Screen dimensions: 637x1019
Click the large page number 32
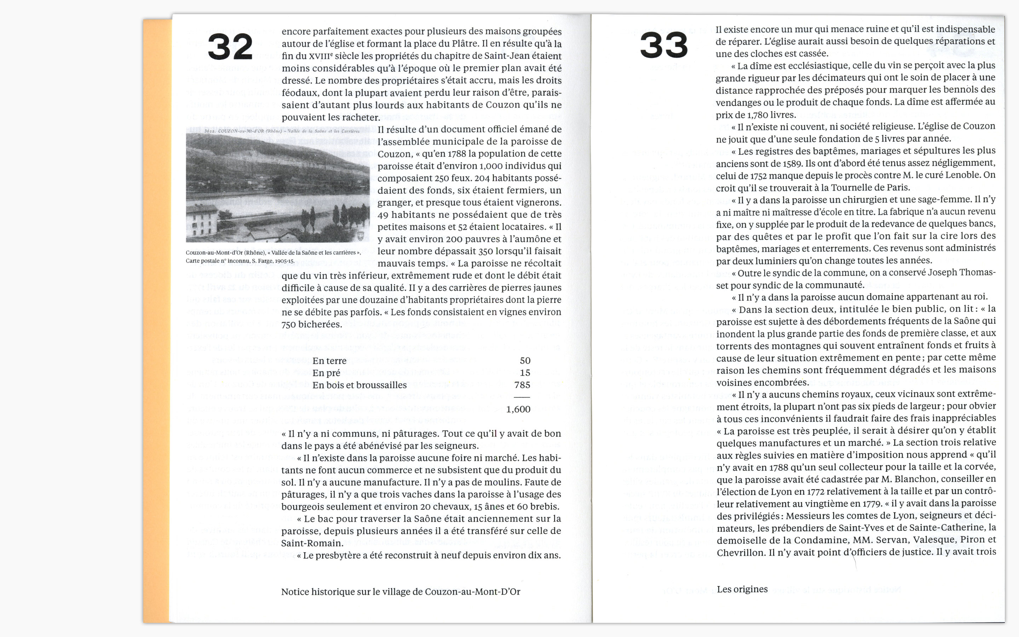click(x=230, y=47)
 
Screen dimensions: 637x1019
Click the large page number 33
click(x=664, y=46)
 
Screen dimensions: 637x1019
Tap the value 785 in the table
click(x=522, y=385)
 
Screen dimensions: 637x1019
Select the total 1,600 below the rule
click(x=518, y=409)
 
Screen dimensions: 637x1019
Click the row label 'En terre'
click(x=329, y=361)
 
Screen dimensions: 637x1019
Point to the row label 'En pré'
click(x=326, y=373)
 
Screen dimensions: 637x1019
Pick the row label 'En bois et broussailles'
click(x=359, y=385)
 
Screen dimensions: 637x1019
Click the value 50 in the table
click(x=525, y=361)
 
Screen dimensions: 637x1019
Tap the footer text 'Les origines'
click(x=742, y=589)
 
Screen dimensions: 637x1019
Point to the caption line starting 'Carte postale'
click(x=240, y=261)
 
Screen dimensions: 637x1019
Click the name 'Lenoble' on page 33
click(x=963, y=175)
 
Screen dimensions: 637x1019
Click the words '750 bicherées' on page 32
click(x=312, y=325)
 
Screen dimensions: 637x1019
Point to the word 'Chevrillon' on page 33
click(x=740, y=553)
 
